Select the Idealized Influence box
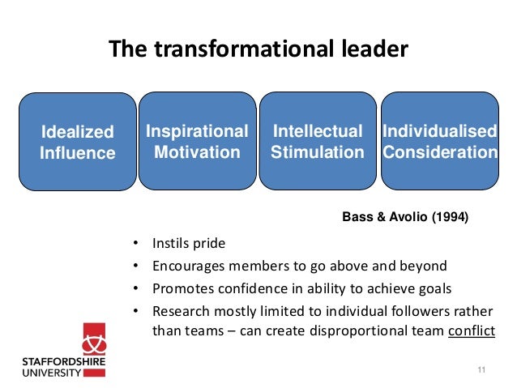point(78,142)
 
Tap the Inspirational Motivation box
point(196,141)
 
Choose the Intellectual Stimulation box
point(317,141)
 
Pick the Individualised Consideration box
point(439,141)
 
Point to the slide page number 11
point(481,370)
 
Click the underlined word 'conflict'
point(471,330)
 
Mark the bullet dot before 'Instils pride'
point(135,244)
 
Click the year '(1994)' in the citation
point(449,216)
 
